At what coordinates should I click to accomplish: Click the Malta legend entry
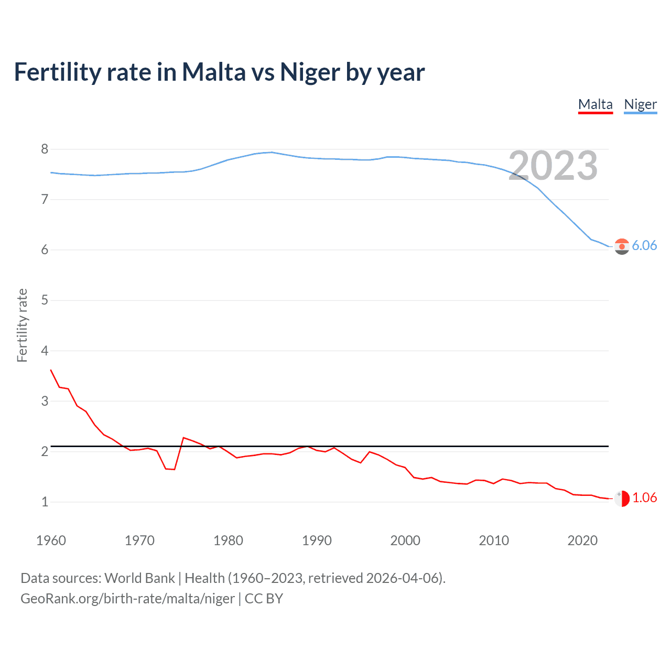coord(595,104)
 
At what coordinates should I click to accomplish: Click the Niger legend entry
coord(640,104)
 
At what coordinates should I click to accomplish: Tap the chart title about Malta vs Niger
coord(219,72)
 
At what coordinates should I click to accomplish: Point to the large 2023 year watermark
coord(553,166)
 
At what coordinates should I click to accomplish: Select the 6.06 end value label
coord(644,245)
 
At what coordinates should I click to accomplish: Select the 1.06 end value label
coord(644,497)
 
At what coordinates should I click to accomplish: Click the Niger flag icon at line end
coord(622,246)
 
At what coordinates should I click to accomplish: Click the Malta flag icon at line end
coord(622,498)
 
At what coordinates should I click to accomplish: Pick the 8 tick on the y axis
coord(45,149)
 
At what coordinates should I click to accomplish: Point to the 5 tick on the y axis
coord(45,300)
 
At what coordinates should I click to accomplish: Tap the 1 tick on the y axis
coord(45,502)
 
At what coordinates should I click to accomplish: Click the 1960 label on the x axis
coord(51,540)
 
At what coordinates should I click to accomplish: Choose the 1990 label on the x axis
coord(317,540)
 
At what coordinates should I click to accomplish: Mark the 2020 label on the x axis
coord(582,540)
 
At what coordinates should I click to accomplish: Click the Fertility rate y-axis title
coord(22,325)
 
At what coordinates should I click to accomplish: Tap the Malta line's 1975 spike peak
coord(183,438)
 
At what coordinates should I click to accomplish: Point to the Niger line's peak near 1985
coord(272,152)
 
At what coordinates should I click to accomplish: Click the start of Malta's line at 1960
coord(51,370)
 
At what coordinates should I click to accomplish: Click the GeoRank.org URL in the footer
coord(127,598)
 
